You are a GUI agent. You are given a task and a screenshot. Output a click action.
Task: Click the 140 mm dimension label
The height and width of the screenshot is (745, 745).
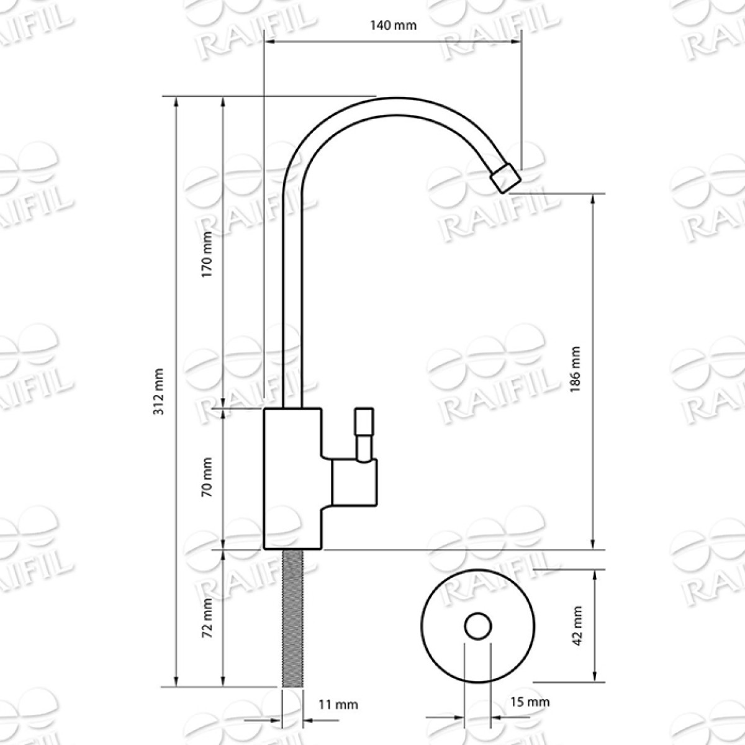[x=393, y=25]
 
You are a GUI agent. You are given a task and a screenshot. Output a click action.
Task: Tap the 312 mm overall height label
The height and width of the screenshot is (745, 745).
[x=159, y=392]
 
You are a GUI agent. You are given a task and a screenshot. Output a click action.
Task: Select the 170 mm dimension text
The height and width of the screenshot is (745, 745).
[x=207, y=254]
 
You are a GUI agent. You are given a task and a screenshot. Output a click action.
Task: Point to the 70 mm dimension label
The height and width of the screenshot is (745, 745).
[x=207, y=477]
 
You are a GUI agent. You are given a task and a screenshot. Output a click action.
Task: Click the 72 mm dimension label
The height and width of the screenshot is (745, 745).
[x=207, y=623]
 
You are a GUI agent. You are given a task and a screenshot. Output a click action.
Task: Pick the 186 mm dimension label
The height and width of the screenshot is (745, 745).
[x=576, y=369]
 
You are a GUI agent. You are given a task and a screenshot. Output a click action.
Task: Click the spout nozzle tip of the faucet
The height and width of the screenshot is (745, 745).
[x=506, y=178]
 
